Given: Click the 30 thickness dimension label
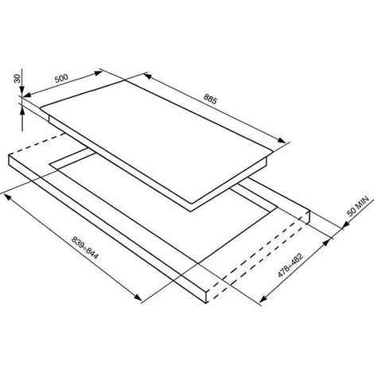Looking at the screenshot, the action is click(18, 79).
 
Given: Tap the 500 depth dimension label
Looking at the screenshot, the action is click(61, 78).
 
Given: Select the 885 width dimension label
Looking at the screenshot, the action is click(210, 99).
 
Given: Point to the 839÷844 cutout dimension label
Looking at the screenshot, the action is click(85, 247).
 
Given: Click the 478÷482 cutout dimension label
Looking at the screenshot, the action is click(290, 265).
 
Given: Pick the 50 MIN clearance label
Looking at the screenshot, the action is click(358, 206).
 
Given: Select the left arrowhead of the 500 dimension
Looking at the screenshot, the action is click(27, 95).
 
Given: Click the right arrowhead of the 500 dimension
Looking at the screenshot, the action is click(98, 73).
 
